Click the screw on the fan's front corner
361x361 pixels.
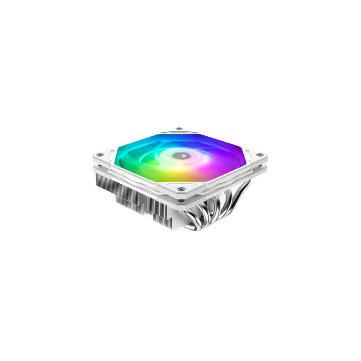(181, 190)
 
